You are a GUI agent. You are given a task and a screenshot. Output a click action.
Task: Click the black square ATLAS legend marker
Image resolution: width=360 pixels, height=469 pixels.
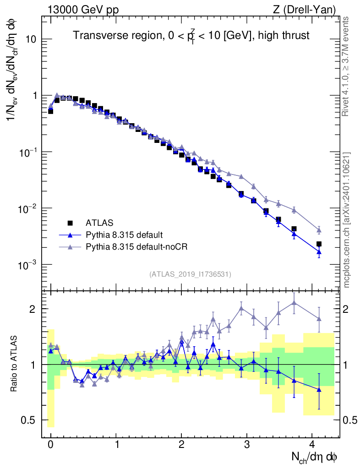point(70,223)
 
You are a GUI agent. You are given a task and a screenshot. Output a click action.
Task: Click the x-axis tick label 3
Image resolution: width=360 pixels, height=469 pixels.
point(247,444)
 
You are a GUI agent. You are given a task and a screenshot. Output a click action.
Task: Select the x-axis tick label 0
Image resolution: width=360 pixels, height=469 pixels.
point(50,444)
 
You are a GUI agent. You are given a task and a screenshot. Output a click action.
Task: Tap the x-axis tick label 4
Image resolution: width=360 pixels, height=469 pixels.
point(312,444)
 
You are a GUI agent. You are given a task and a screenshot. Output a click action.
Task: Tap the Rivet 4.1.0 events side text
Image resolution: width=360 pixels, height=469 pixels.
point(347,66)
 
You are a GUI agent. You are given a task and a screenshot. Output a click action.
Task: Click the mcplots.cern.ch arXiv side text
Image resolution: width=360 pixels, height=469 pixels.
point(347,220)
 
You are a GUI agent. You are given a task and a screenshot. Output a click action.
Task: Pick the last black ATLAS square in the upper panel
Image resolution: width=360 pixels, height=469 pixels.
point(319,244)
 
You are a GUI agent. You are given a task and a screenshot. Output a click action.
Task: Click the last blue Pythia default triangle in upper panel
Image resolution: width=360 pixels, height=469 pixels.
point(319,252)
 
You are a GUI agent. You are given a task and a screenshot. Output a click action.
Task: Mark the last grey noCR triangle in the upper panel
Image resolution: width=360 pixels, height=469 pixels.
point(319,230)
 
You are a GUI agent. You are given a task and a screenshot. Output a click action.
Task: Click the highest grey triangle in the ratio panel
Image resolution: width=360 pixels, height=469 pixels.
point(294,302)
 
